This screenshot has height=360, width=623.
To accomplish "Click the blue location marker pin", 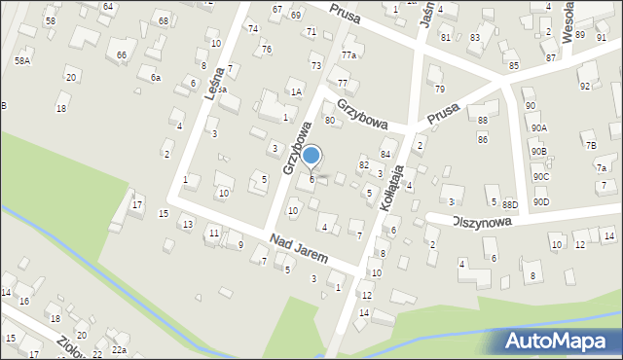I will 311,156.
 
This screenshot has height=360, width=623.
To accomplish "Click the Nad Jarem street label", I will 299,251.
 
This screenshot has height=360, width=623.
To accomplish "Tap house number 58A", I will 21,60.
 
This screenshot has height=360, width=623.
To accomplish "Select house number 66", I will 122,55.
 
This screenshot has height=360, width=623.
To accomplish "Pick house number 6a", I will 156,77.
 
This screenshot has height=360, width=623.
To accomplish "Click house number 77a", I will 348,55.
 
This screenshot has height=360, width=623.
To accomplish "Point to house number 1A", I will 295,92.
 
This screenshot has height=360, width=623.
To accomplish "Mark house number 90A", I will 538,128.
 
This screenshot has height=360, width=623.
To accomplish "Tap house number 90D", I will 540,201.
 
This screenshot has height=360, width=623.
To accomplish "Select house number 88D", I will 510,203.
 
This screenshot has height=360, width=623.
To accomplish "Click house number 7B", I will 590,146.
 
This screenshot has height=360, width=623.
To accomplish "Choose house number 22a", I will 119,349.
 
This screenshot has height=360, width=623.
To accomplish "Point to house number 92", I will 584,86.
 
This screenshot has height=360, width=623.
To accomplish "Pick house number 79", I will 439,90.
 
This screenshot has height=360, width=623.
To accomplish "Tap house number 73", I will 315,65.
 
